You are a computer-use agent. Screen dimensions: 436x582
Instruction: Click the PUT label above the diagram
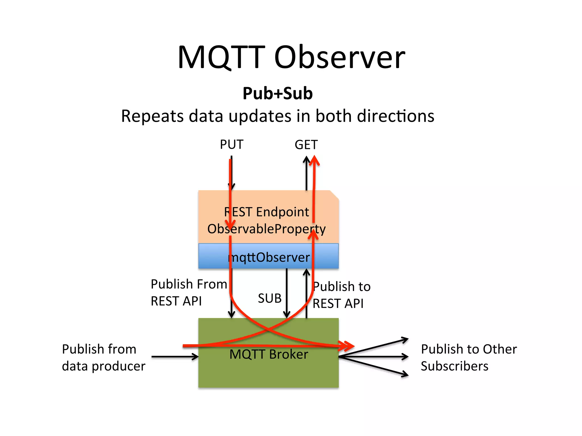(232, 144)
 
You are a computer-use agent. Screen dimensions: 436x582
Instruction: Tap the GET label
(306, 145)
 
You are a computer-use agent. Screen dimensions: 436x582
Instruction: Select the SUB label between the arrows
(269, 298)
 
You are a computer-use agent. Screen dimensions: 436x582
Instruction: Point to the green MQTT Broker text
(269, 354)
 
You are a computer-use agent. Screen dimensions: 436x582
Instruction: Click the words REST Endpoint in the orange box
(267, 212)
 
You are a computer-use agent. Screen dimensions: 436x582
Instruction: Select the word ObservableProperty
(267, 229)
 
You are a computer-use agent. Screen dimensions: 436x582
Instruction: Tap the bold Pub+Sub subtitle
(277, 93)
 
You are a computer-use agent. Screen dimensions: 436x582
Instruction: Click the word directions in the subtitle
(396, 116)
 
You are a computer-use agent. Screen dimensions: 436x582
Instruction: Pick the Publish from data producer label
(103, 357)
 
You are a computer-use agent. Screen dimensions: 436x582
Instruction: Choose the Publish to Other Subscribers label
(468, 357)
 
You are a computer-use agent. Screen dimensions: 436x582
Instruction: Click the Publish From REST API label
(189, 292)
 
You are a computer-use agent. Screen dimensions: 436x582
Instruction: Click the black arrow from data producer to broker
(175, 357)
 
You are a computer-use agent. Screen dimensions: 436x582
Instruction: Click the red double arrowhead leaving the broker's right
(348, 346)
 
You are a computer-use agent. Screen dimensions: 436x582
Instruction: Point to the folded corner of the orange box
(334, 195)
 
